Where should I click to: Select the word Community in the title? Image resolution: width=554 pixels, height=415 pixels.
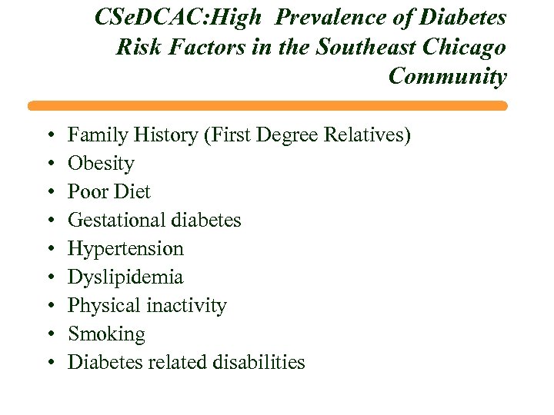(447, 77)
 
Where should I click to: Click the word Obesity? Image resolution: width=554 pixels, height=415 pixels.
(101, 164)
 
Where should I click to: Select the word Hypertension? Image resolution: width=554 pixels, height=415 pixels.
(126, 249)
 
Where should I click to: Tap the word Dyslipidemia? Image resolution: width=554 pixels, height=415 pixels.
(125, 277)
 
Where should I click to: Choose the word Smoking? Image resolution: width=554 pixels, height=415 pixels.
(106, 334)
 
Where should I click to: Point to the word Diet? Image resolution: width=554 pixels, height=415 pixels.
(134, 192)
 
